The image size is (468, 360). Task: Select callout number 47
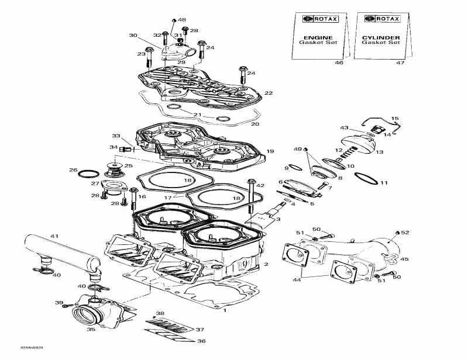coord(384,63)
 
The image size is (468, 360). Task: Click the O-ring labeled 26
coord(88,174)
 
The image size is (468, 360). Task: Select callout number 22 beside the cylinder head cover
coord(269,93)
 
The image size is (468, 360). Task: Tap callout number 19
coord(270,151)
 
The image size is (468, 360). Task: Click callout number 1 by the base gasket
coord(226,311)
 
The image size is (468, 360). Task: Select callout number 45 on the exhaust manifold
coord(404,259)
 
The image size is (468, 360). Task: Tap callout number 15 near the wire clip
coord(394,118)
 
